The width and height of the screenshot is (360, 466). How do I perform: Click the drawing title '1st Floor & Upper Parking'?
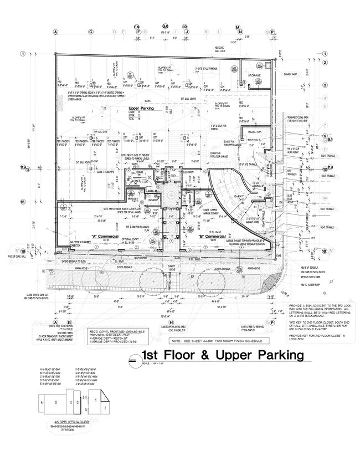click(223, 355)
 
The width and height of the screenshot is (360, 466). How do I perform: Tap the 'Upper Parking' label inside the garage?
click(141, 109)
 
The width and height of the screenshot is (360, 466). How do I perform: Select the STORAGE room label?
click(254, 75)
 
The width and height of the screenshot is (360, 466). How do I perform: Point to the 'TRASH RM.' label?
click(254, 131)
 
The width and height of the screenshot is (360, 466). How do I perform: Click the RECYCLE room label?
click(254, 140)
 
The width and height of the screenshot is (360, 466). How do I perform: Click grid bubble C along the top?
click(91, 32)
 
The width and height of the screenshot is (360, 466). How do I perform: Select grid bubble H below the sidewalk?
click(172, 322)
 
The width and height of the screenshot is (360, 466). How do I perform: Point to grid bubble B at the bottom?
click(69, 322)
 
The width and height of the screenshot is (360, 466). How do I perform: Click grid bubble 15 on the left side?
click(23, 201)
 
